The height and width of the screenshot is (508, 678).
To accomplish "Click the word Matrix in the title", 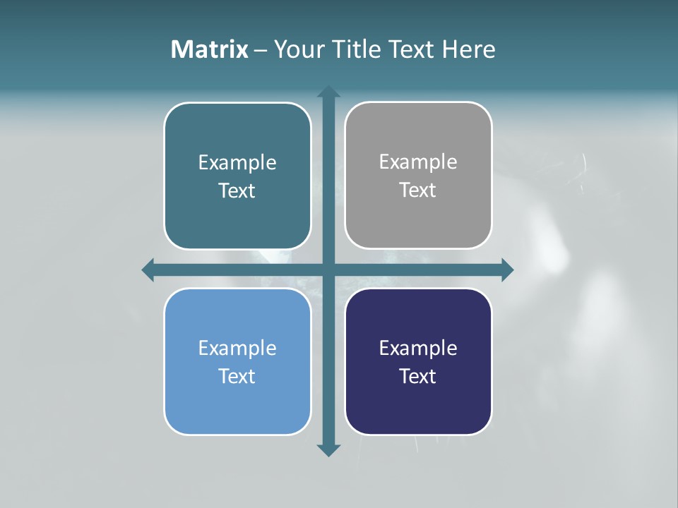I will [209, 49].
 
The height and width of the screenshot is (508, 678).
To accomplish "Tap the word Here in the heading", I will [469, 49].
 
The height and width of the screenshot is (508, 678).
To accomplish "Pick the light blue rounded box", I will [237, 402].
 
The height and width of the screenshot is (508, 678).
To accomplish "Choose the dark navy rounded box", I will [418, 402].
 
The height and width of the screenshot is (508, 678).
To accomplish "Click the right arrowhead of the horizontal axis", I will [507, 270].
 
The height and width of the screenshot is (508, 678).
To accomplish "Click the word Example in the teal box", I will [237, 163].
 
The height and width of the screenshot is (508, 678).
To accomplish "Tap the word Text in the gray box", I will [418, 190].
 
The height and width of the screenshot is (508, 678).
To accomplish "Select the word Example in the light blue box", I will [237, 349].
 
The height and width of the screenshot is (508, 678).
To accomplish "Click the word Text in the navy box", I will [418, 377].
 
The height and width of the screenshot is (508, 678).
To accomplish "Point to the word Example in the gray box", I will [418, 162].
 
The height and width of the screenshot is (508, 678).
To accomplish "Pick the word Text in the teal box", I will [237, 191].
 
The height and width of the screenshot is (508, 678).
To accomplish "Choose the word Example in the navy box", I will [418, 349].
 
